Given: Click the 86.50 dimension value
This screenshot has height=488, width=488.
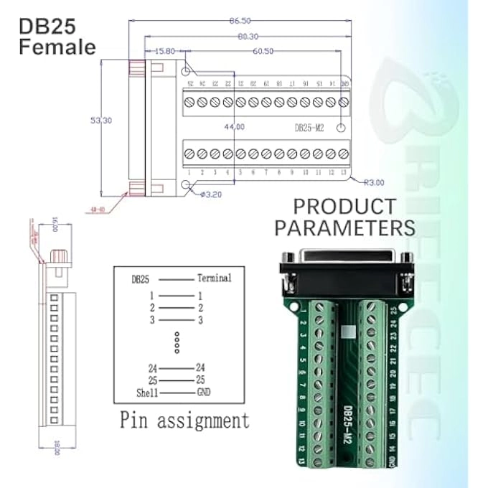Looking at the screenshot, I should (240, 20).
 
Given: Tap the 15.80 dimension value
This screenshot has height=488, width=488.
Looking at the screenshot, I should (164, 51).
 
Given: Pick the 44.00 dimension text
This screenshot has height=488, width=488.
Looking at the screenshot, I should (234, 127).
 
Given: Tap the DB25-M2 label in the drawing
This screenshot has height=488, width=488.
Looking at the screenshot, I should (311, 127).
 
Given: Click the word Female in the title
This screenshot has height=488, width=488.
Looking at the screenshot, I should (57, 47).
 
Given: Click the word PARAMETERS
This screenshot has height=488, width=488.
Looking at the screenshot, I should (344, 228).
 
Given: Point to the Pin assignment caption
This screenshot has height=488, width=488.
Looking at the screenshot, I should (184, 419).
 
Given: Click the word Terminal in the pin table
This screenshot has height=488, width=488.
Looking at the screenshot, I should (214, 278).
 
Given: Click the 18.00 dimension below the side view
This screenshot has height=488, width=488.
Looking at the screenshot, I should (57, 449).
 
